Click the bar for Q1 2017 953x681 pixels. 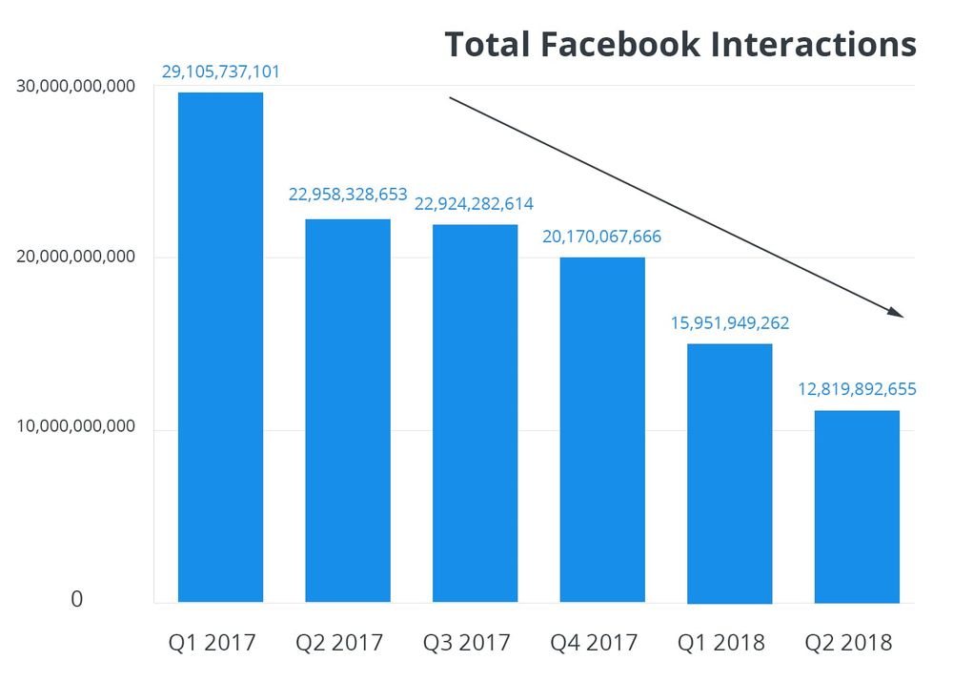220,347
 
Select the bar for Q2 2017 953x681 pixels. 348,410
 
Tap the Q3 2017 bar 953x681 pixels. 475,413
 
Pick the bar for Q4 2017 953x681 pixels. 602,429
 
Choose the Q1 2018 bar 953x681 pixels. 729,473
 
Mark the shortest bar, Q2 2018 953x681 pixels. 857,506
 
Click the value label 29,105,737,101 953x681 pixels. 221,72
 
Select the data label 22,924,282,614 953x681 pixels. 474,203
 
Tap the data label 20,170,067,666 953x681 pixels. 601,237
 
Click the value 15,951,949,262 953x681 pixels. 729,323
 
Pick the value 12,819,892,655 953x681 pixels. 857,389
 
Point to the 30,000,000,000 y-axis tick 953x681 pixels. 76,87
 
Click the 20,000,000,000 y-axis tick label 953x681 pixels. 76,258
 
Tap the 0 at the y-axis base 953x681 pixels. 77,600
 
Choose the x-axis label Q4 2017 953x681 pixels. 594,643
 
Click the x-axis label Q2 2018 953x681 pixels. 848,643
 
